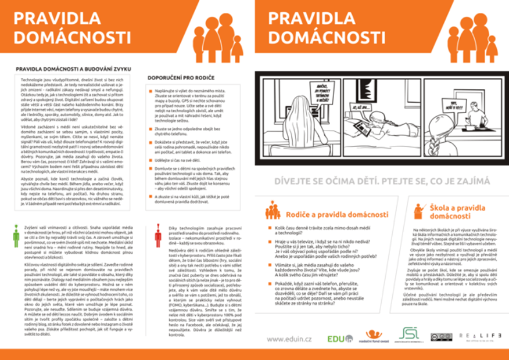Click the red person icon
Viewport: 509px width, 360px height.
pyautogui.click(x=157, y=235)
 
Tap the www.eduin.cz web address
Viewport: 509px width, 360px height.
pyautogui.click(x=290, y=339)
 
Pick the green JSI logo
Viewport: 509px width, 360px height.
pyautogui.click(x=409, y=335)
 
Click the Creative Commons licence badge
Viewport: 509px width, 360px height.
pyautogui.click(x=441, y=337)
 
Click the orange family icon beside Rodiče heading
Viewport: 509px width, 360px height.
pyautogui.click(x=273, y=210)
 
